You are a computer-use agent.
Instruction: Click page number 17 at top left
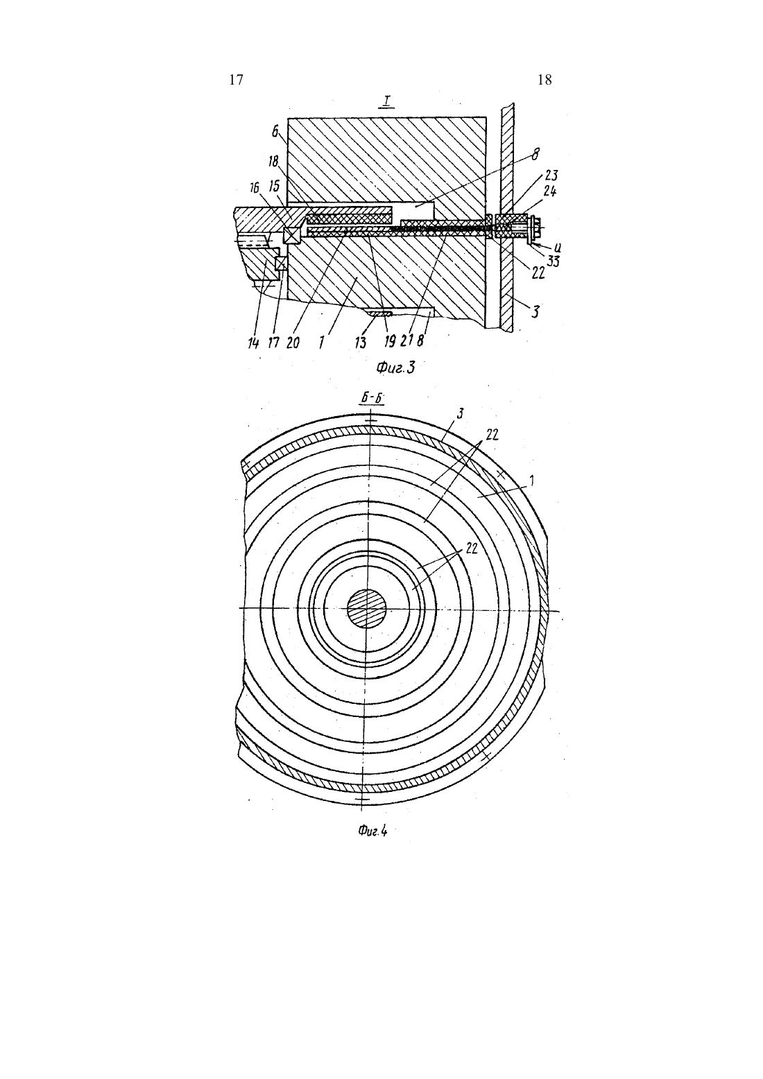[236, 80]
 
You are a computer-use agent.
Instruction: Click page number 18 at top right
[545, 80]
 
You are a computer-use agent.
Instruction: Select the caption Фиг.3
[395, 368]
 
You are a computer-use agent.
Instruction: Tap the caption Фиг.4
[372, 831]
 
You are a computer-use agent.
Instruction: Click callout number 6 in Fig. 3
[275, 132]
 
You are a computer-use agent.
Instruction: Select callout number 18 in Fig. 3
[273, 161]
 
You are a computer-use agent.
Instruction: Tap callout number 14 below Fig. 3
[253, 343]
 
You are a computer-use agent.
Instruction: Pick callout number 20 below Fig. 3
[293, 343]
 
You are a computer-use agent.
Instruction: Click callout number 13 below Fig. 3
[360, 343]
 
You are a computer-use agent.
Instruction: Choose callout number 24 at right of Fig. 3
[550, 191]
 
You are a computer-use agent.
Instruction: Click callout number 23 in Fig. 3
[551, 175]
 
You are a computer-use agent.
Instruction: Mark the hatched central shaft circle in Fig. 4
[367, 609]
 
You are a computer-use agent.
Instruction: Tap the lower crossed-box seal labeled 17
[280, 264]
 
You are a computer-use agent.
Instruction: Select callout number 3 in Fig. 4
[459, 414]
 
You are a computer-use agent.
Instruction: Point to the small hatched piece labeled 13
[379, 313]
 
